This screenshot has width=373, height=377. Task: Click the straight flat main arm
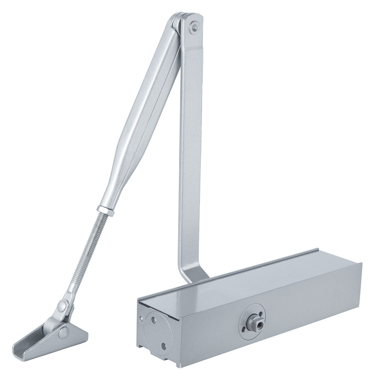click(190, 149)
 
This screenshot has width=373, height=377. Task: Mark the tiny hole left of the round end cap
click(142, 316)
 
